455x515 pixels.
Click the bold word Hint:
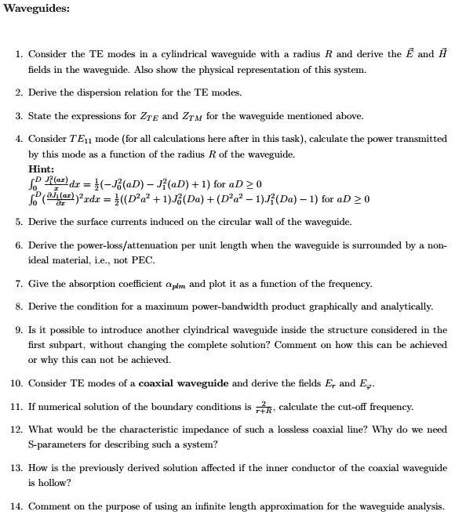(x=41, y=169)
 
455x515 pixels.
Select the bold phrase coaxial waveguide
(x=184, y=383)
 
